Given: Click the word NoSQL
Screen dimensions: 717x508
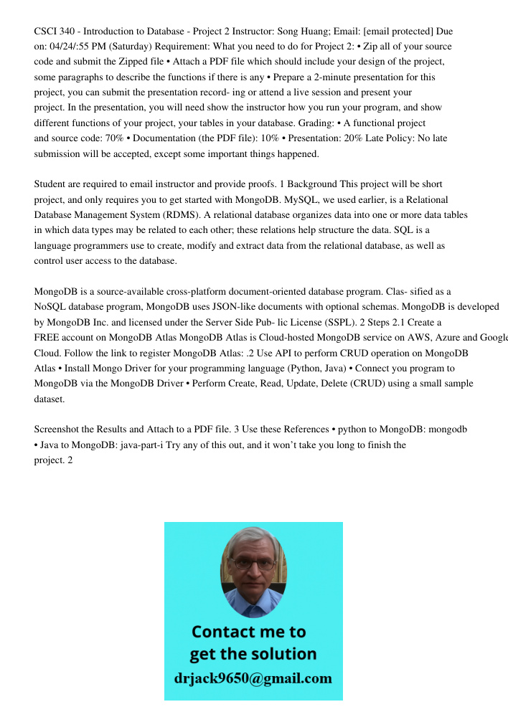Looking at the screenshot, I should coord(50,306).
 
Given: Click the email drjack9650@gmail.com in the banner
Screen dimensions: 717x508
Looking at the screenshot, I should coord(253,678).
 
